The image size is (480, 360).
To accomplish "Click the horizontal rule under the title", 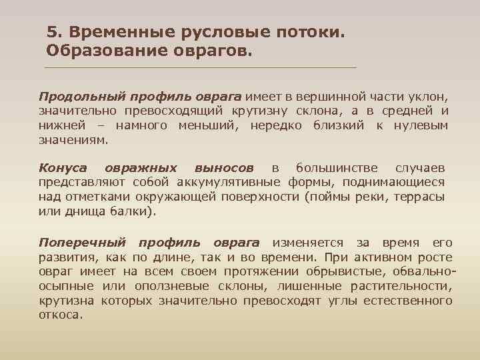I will click(200, 68).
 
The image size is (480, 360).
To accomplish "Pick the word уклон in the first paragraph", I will click(431, 97).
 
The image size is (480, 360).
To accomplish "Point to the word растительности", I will click(405, 286).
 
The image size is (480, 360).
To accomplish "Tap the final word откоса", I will click(60, 315).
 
